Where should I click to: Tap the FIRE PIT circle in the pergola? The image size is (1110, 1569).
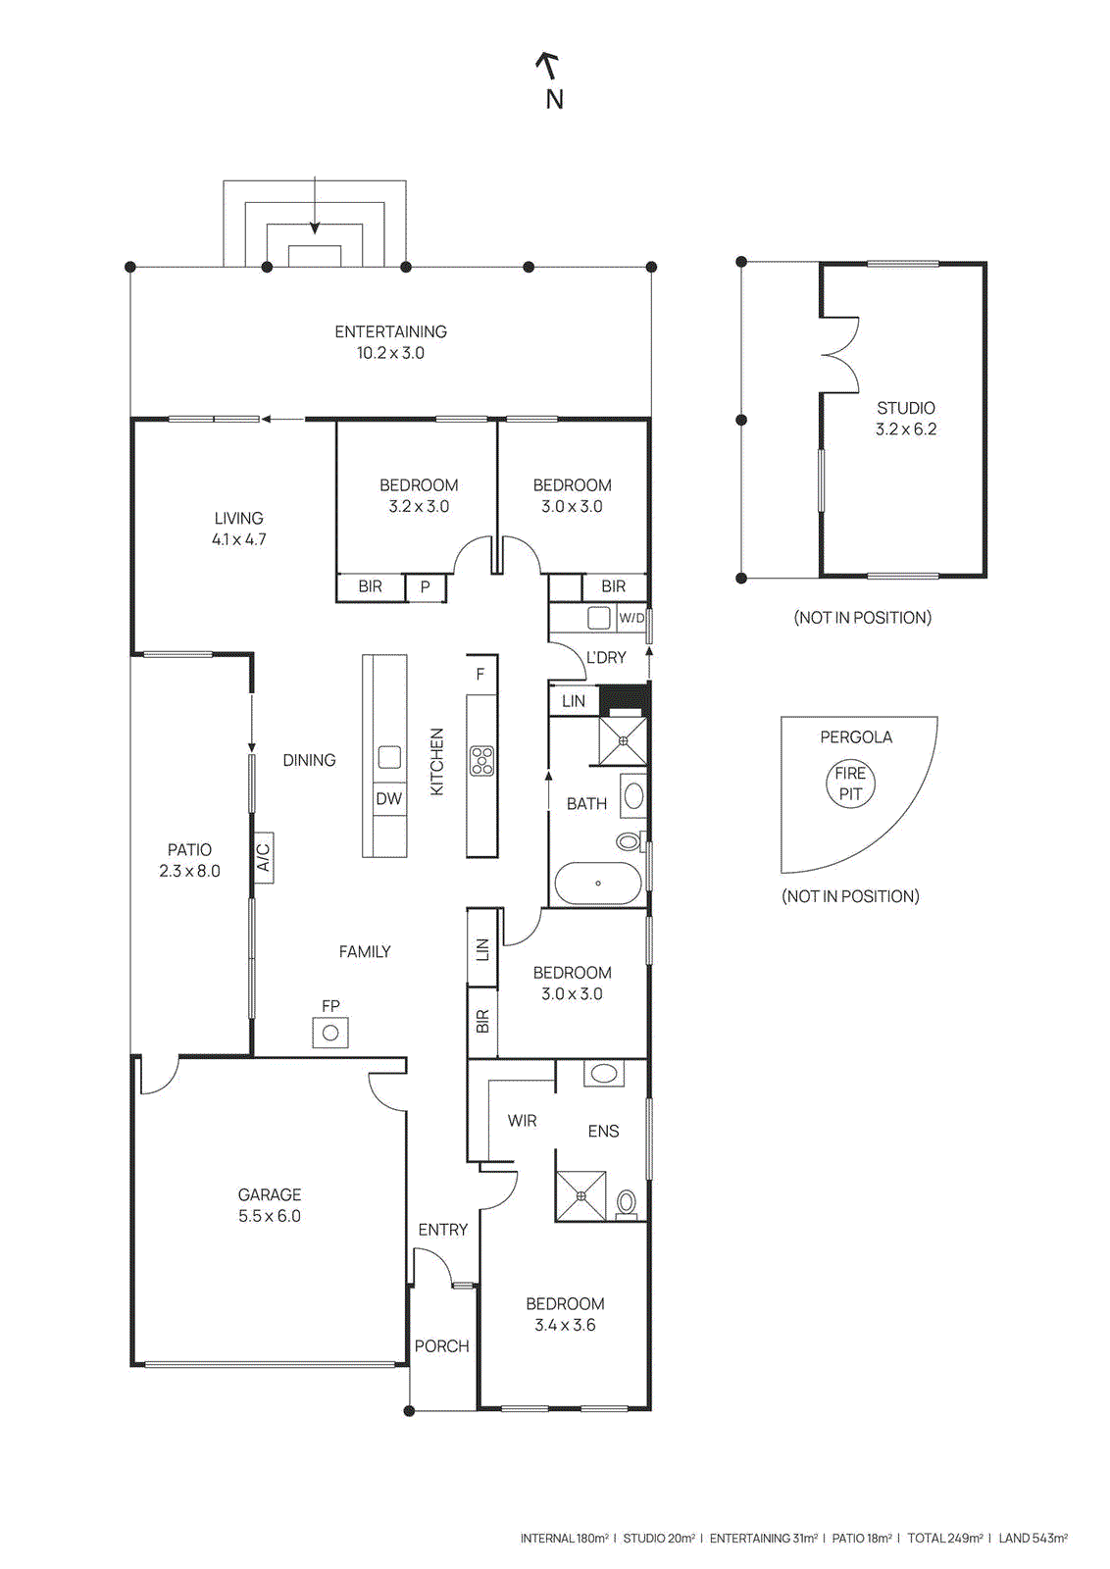coord(850,784)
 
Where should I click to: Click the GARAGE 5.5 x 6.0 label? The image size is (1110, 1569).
coord(270,1205)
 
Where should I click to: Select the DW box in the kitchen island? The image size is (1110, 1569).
coord(388,798)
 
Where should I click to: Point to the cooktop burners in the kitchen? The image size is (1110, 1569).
coord(481,761)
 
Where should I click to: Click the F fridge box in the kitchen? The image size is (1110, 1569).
coord(480,674)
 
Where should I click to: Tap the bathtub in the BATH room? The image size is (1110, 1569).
coord(597,884)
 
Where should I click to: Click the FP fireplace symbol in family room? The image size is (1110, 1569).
coord(330,1033)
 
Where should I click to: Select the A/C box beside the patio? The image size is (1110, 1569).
coord(263,858)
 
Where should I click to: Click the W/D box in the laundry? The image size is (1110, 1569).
coord(631,618)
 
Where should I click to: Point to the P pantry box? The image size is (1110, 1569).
coord(426,586)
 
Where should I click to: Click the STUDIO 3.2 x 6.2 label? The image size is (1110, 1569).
coord(905,418)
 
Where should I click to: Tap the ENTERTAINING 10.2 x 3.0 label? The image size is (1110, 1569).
coord(390,342)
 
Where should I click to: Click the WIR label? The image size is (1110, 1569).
coord(522,1120)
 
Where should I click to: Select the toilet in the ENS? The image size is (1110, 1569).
coord(627,1202)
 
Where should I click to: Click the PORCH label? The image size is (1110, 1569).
coord(441,1345)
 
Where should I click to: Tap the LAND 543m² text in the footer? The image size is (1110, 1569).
coord(1033,1538)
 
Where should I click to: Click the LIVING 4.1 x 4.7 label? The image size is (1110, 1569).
coord(238,529)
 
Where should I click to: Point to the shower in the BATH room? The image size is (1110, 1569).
coord(623,740)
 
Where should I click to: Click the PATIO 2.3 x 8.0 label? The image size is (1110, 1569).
coord(189,860)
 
